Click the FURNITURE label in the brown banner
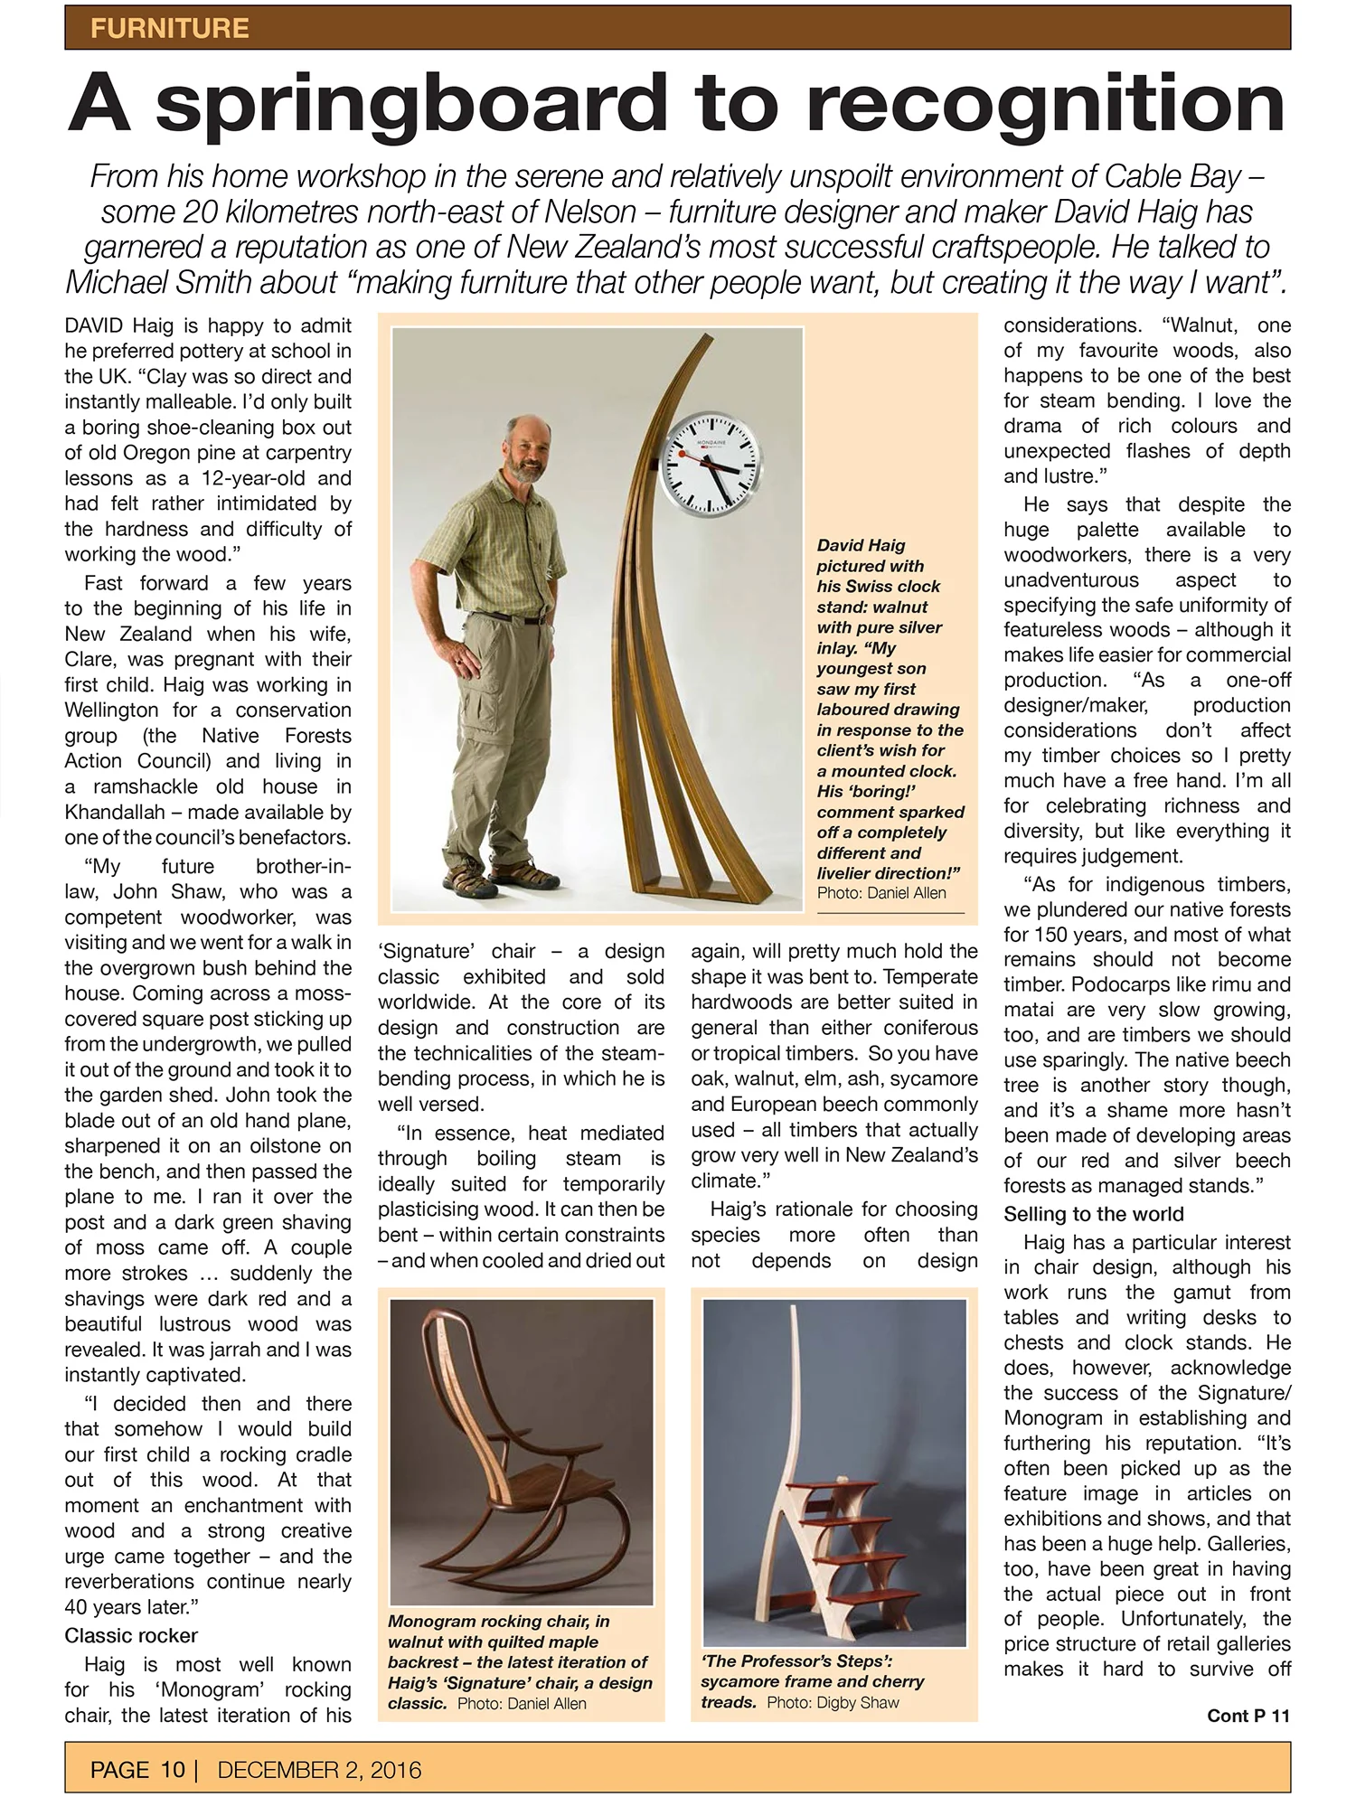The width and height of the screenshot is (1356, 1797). click(x=169, y=28)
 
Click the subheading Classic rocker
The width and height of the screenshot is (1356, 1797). click(x=131, y=1635)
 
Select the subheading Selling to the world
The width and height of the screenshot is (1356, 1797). click(x=1093, y=1214)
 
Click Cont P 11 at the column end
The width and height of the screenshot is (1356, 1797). click(x=1248, y=1716)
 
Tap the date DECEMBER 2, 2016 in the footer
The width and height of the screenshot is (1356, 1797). click(x=319, y=1769)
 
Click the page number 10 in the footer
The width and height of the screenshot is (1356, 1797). click(x=173, y=1769)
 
